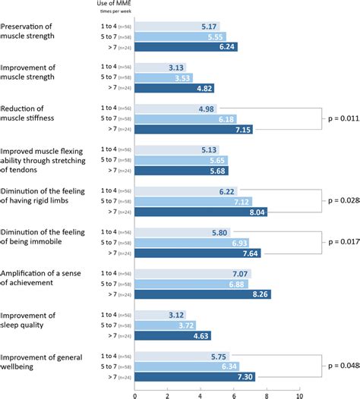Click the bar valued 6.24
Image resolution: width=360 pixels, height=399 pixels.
[x=186, y=47]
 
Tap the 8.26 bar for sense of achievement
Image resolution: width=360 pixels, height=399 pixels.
[x=203, y=294]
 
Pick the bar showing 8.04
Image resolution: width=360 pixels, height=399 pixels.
[x=201, y=212]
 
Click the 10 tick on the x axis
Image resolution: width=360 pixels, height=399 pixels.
[x=300, y=394]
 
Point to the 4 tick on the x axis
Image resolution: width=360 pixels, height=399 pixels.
[x=201, y=394]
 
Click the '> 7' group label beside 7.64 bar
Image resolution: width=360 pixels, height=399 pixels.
[x=111, y=253]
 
